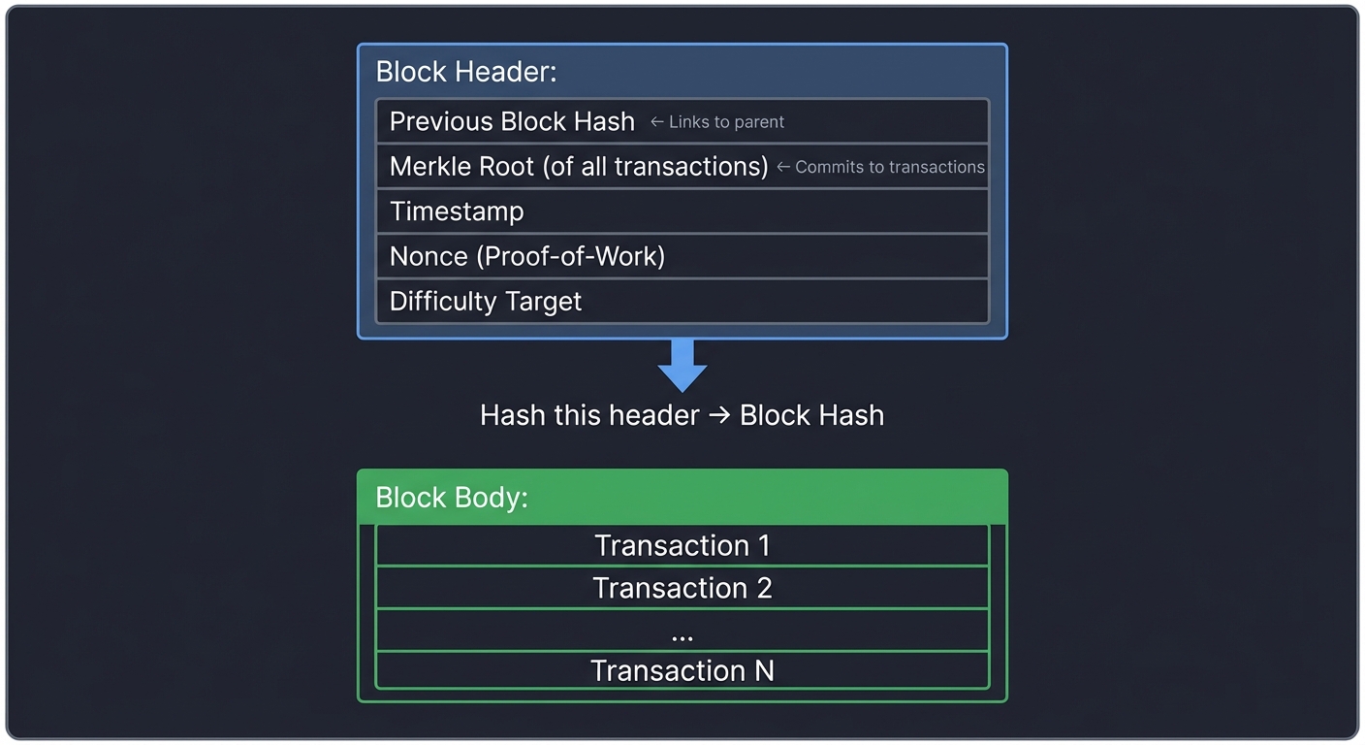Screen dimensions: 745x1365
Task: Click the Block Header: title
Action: (x=465, y=72)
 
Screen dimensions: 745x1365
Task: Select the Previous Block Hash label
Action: (x=512, y=121)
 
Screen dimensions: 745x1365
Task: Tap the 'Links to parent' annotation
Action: (x=726, y=122)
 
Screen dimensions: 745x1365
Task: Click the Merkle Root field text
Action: (x=579, y=167)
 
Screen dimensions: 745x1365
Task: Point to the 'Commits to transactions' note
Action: (x=889, y=167)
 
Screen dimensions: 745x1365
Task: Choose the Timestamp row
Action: (x=682, y=211)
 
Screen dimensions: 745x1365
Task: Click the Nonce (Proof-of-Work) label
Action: (x=526, y=256)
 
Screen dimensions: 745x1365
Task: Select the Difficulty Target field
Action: (x=485, y=301)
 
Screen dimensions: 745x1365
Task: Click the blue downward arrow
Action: (x=682, y=366)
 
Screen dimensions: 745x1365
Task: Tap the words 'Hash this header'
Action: (x=589, y=415)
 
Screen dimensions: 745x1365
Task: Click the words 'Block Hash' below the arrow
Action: (x=811, y=415)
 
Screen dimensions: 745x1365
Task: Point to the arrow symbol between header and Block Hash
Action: (x=719, y=416)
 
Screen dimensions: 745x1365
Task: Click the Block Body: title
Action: (x=451, y=498)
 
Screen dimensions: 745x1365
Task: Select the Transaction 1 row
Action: (x=682, y=545)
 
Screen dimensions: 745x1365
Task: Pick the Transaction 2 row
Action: (x=682, y=588)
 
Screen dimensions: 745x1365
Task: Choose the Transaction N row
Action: (x=682, y=670)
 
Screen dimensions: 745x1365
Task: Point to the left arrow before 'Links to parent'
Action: (x=656, y=122)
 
